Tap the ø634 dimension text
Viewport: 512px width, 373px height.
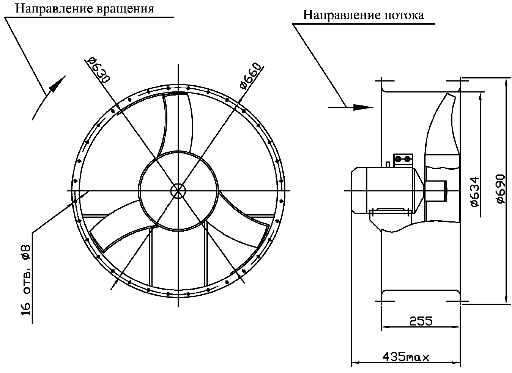474,191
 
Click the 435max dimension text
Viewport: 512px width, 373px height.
405,357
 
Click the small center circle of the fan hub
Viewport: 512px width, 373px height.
177,190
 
